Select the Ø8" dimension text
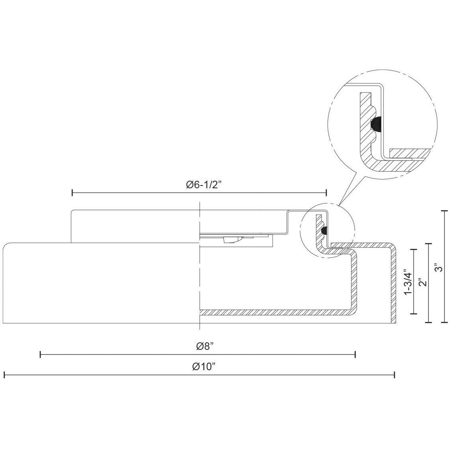tap(205, 346)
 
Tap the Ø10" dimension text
tap(203, 367)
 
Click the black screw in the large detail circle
tap(376, 125)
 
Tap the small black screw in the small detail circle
tap(324, 230)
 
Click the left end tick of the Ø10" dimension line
tap(4, 375)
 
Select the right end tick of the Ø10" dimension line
tap(394, 375)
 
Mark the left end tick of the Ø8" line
tap(41, 354)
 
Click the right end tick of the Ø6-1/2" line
tap(326, 193)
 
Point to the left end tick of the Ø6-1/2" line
tap(72, 193)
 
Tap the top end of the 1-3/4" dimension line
tap(414, 250)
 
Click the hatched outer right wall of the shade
tap(393, 287)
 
